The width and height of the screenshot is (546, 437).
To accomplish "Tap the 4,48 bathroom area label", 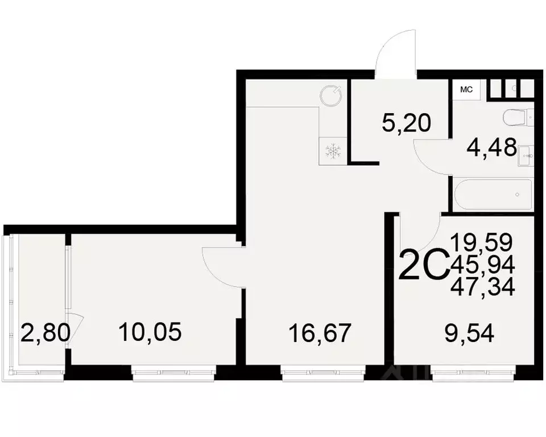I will point(491,149).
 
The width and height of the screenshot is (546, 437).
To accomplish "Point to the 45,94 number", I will point(483,265).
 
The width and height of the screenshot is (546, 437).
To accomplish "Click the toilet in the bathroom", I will point(517,118).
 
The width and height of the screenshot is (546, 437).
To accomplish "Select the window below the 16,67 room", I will point(322,373).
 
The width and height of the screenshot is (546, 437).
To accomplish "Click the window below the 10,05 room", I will point(173,373).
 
